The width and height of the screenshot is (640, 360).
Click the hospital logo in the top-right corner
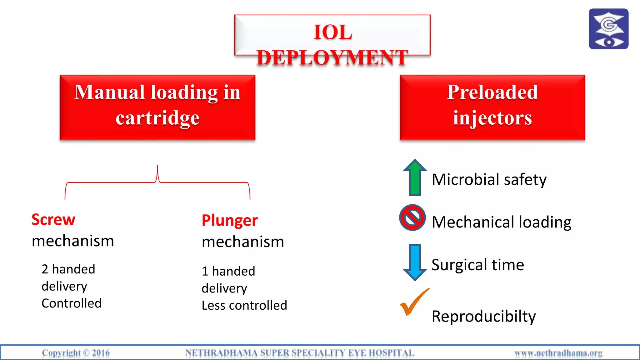(608, 29)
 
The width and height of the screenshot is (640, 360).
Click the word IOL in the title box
(333, 32)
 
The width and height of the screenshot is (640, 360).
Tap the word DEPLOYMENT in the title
(332, 58)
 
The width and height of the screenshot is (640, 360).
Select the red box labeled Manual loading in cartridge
(157, 107)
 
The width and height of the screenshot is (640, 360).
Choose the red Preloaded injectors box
(492, 107)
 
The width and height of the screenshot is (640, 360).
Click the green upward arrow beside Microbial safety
(415, 177)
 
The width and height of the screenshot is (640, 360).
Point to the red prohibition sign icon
(412, 218)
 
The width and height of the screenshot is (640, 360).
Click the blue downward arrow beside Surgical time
(415, 262)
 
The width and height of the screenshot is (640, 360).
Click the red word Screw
(53, 220)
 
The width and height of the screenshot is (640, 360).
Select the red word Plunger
(230, 221)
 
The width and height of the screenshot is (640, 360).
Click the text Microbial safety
(489, 180)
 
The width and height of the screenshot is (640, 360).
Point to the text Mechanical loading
(501, 222)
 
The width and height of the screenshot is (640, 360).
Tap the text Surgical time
(477, 265)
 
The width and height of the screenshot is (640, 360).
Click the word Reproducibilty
(483, 316)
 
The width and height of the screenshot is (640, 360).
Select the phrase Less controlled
(244, 305)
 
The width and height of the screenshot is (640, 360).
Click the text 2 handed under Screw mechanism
(68, 269)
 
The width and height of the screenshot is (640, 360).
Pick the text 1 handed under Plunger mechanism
(228, 271)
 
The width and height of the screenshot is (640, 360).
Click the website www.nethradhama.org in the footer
(558, 353)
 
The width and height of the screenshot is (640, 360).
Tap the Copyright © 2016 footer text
(76, 353)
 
